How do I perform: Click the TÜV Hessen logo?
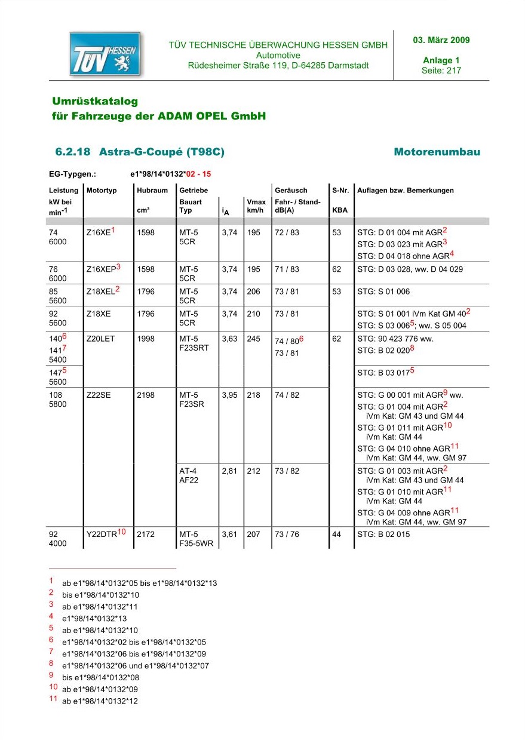coord(105,54)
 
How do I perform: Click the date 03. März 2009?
coord(441,41)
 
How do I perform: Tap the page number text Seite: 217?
coord(441,70)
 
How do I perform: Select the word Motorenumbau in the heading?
coord(437,152)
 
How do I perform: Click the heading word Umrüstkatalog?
coord(95,102)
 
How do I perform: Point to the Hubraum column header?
coord(152,191)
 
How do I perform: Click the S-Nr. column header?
coord(340,191)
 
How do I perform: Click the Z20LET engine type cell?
coord(100,339)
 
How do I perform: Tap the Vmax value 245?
coord(254,339)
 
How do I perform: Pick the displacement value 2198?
coord(145,395)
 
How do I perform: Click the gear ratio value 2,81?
coord(229,471)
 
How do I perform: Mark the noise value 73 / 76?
coord(287,534)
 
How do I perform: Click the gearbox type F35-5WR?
coord(196,544)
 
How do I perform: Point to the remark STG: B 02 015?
coord(383,534)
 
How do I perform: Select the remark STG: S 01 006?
coord(383,292)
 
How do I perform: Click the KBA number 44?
coord(337,534)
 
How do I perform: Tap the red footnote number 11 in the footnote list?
coord(53,699)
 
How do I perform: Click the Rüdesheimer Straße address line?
coord(278,66)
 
